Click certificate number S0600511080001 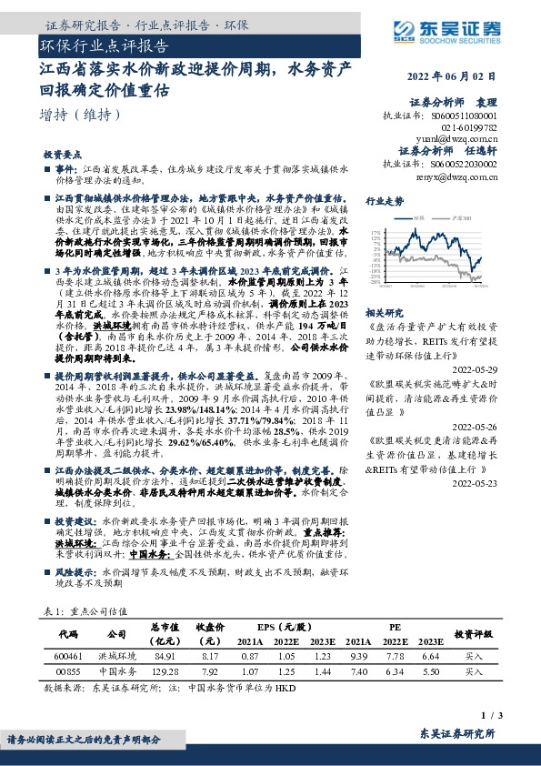pyautogui.click(x=479, y=116)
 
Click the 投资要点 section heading pyautogui.click(x=62, y=155)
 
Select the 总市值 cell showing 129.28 pyautogui.click(x=166, y=671)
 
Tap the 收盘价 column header pyautogui.click(x=210, y=632)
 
